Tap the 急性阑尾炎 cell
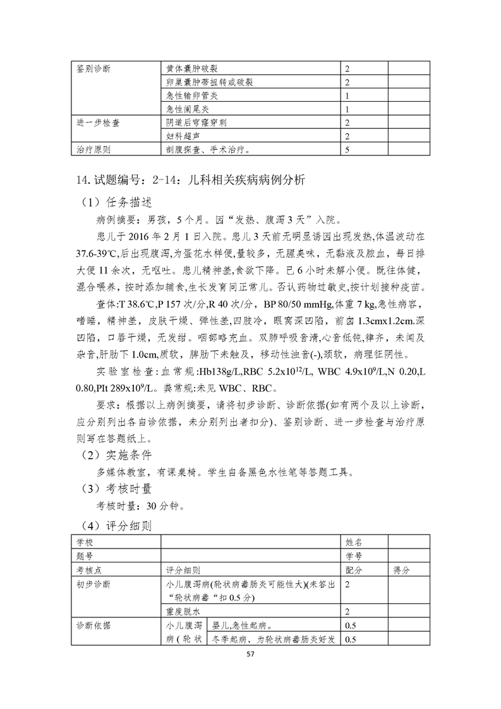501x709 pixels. click(x=188, y=109)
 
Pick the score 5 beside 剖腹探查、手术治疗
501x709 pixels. click(x=347, y=150)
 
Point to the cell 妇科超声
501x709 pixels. click(x=183, y=136)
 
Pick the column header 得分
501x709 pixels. click(x=401, y=569)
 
